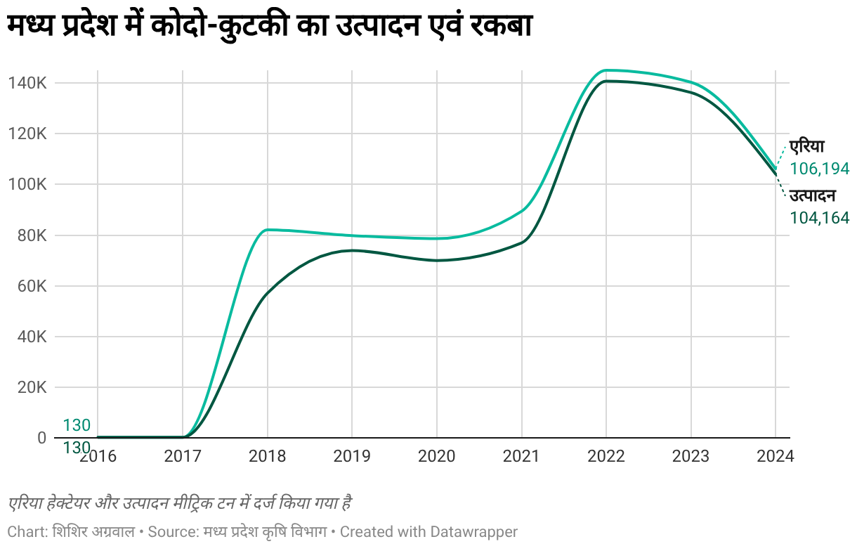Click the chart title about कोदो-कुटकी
click(270, 27)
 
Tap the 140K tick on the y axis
click(27, 83)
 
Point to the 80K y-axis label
click(32, 235)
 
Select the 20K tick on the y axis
click(32, 387)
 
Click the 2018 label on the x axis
click(267, 456)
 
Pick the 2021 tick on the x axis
click(521, 456)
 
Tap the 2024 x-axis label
click(775, 456)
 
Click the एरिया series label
click(806, 147)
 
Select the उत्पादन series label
click(812, 196)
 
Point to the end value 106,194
click(820, 169)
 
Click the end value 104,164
click(820, 218)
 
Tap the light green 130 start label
click(77, 425)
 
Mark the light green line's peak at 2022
click(606, 70)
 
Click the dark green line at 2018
click(267, 292)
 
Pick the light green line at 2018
click(267, 230)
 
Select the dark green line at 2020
click(437, 260)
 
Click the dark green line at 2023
click(691, 93)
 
